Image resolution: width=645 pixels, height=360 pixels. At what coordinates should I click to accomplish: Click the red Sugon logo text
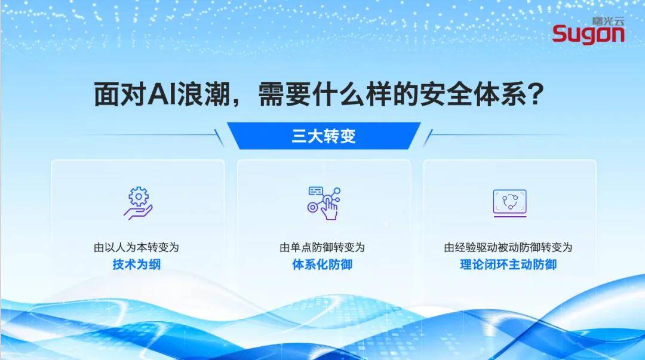[x=588, y=34]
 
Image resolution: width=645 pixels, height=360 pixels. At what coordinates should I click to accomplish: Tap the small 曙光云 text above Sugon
[x=608, y=20]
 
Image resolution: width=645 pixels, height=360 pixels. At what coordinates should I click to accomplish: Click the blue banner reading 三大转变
[x=324, y=136]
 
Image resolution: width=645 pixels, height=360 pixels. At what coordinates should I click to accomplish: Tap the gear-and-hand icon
[x=138, y=202]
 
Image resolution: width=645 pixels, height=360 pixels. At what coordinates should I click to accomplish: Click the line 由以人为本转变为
[x=136, y=247]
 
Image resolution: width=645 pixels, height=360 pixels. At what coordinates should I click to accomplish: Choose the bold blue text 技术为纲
[x=137, y=264]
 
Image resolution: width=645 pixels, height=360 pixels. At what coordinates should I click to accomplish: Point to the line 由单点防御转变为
[x=322, y=247]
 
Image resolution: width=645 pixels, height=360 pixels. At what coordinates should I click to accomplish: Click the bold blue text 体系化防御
[x=322, y=264]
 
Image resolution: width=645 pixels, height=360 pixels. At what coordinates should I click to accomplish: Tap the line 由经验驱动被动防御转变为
[x=508, y=247]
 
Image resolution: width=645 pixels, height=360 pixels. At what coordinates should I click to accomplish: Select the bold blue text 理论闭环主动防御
[x=508, y=264]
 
